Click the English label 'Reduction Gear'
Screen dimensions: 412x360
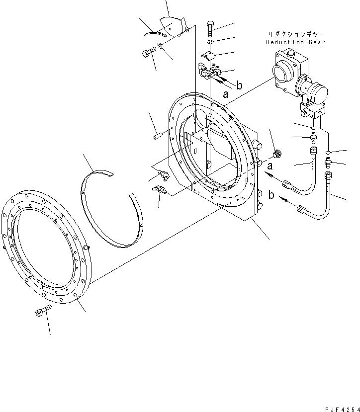pyautogui.click(x=295, y=42)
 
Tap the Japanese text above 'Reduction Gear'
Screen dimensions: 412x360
pyautogui.click(x=295, y=34)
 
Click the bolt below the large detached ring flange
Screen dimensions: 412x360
pyautogui.click(x=42, y=312)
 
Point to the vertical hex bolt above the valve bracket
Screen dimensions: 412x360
pyautogui.click(x=210, y=28)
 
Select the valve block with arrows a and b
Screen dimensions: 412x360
pyautogui.click(x=210, y=73)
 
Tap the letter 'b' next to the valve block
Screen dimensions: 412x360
pyautogui.click(x=239, y=85)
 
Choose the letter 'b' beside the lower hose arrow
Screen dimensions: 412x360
pyautogui.click(x=271, y=195)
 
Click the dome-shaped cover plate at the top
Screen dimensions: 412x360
pyautogui.click(x=170, y=27)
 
